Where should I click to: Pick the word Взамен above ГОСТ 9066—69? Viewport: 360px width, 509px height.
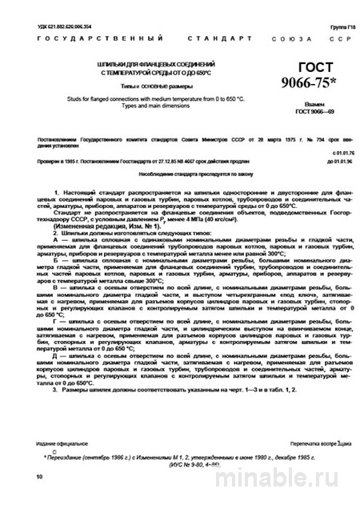[x=314, y=104]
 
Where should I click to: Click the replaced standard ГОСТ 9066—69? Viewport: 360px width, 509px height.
[x=314, y=113]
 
